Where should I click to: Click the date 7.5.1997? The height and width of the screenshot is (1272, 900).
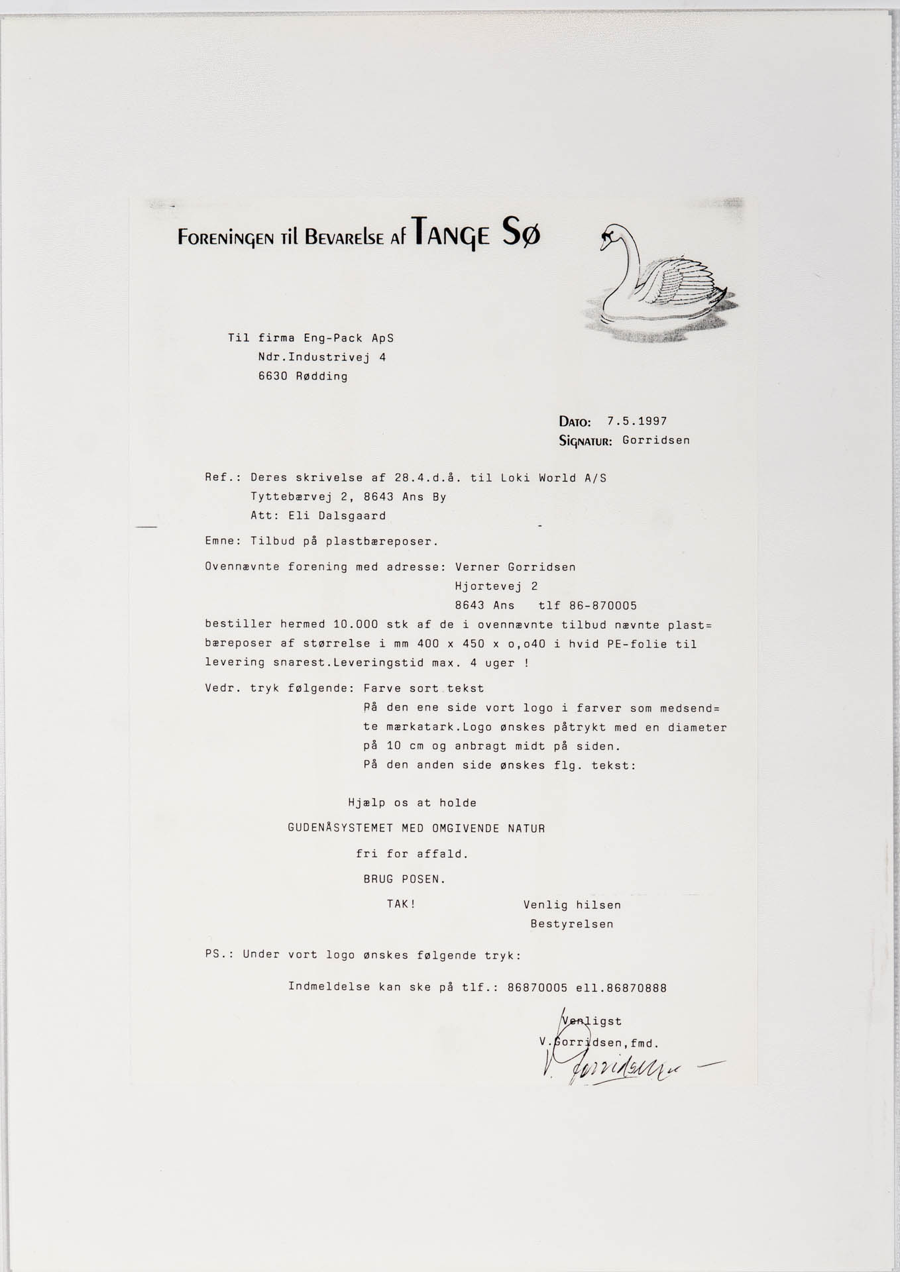pos(637,421)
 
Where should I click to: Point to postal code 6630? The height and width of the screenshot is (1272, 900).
pos(273,376)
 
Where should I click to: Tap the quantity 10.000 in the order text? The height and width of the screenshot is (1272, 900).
pos(357,624)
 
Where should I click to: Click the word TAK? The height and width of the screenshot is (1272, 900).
pos(401,904)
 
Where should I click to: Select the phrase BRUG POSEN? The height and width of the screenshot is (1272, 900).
pos(404,879)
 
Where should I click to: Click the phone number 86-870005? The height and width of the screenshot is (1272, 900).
pos(602,606)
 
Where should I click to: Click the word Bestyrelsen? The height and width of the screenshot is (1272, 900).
pos(571,924)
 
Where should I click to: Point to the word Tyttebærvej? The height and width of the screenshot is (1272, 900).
pos(292,497)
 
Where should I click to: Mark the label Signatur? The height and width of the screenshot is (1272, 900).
pos(586,441)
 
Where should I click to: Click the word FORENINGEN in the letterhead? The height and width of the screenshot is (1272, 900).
pos(224,237)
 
